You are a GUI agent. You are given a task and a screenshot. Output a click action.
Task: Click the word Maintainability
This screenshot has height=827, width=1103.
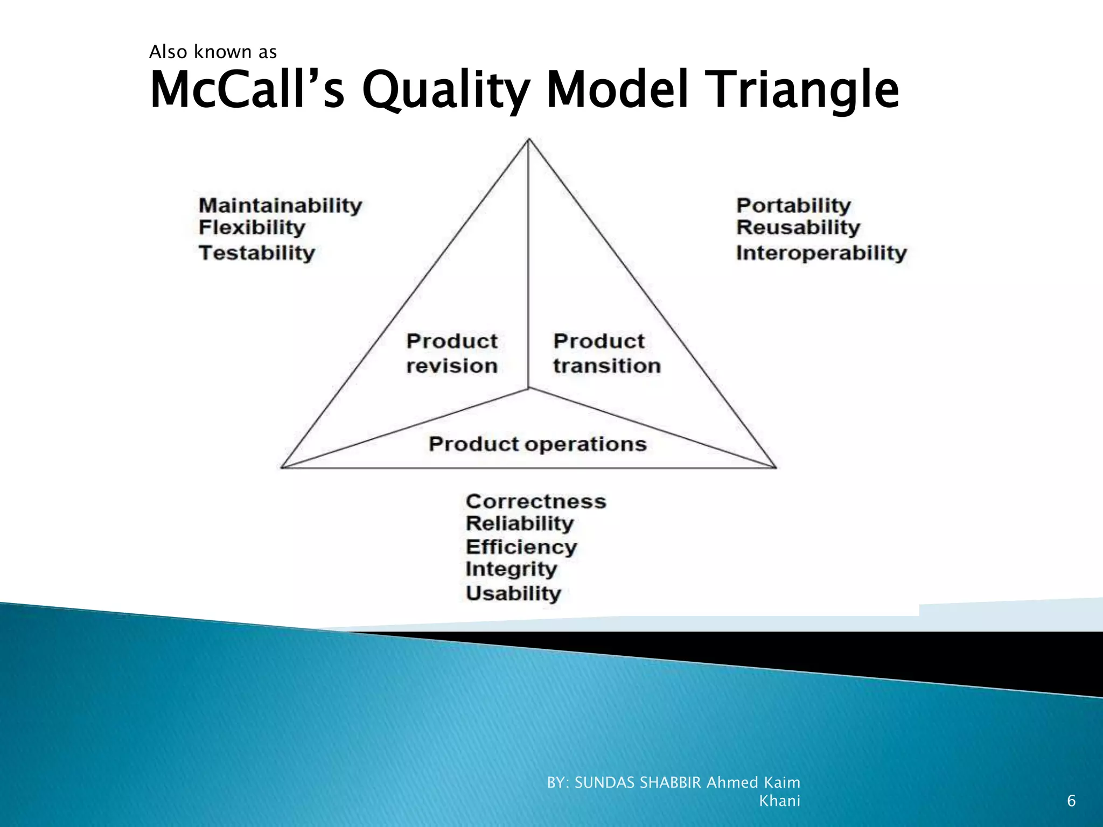tap(280, 206)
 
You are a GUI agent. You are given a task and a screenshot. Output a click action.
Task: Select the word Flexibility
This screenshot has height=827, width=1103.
tap(252, 228)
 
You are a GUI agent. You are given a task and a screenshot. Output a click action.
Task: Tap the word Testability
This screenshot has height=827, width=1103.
tap(256, 253)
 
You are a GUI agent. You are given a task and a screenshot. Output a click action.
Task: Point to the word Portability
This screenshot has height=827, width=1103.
tap(793, 206)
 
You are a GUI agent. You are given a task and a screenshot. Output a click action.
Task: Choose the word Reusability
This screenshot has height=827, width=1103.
tap(798, 228)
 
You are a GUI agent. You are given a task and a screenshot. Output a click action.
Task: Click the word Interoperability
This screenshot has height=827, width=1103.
tap(821, 253)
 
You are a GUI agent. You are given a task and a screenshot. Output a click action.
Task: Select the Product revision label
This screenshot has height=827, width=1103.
tap(451, 353)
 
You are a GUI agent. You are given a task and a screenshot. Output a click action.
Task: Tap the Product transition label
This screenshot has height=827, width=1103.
tap(606, 353)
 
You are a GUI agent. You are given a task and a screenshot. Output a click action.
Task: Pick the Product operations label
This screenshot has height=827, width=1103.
tap(537, 444)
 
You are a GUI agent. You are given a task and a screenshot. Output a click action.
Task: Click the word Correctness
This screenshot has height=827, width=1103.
tap(535, 501)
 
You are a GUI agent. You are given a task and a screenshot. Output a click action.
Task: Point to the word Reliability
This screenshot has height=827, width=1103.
tap(520, 523)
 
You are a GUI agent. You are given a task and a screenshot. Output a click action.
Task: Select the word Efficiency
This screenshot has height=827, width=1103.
tap(521, 547)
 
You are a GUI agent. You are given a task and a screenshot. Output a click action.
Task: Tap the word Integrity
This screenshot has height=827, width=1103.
tap(511, 569)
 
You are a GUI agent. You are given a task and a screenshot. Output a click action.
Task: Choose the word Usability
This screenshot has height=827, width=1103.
tap(513, 593)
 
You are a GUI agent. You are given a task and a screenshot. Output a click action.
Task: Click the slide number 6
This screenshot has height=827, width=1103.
tap(1071, 801)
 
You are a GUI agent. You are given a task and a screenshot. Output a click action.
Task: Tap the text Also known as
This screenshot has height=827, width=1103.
tap(213, 52)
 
